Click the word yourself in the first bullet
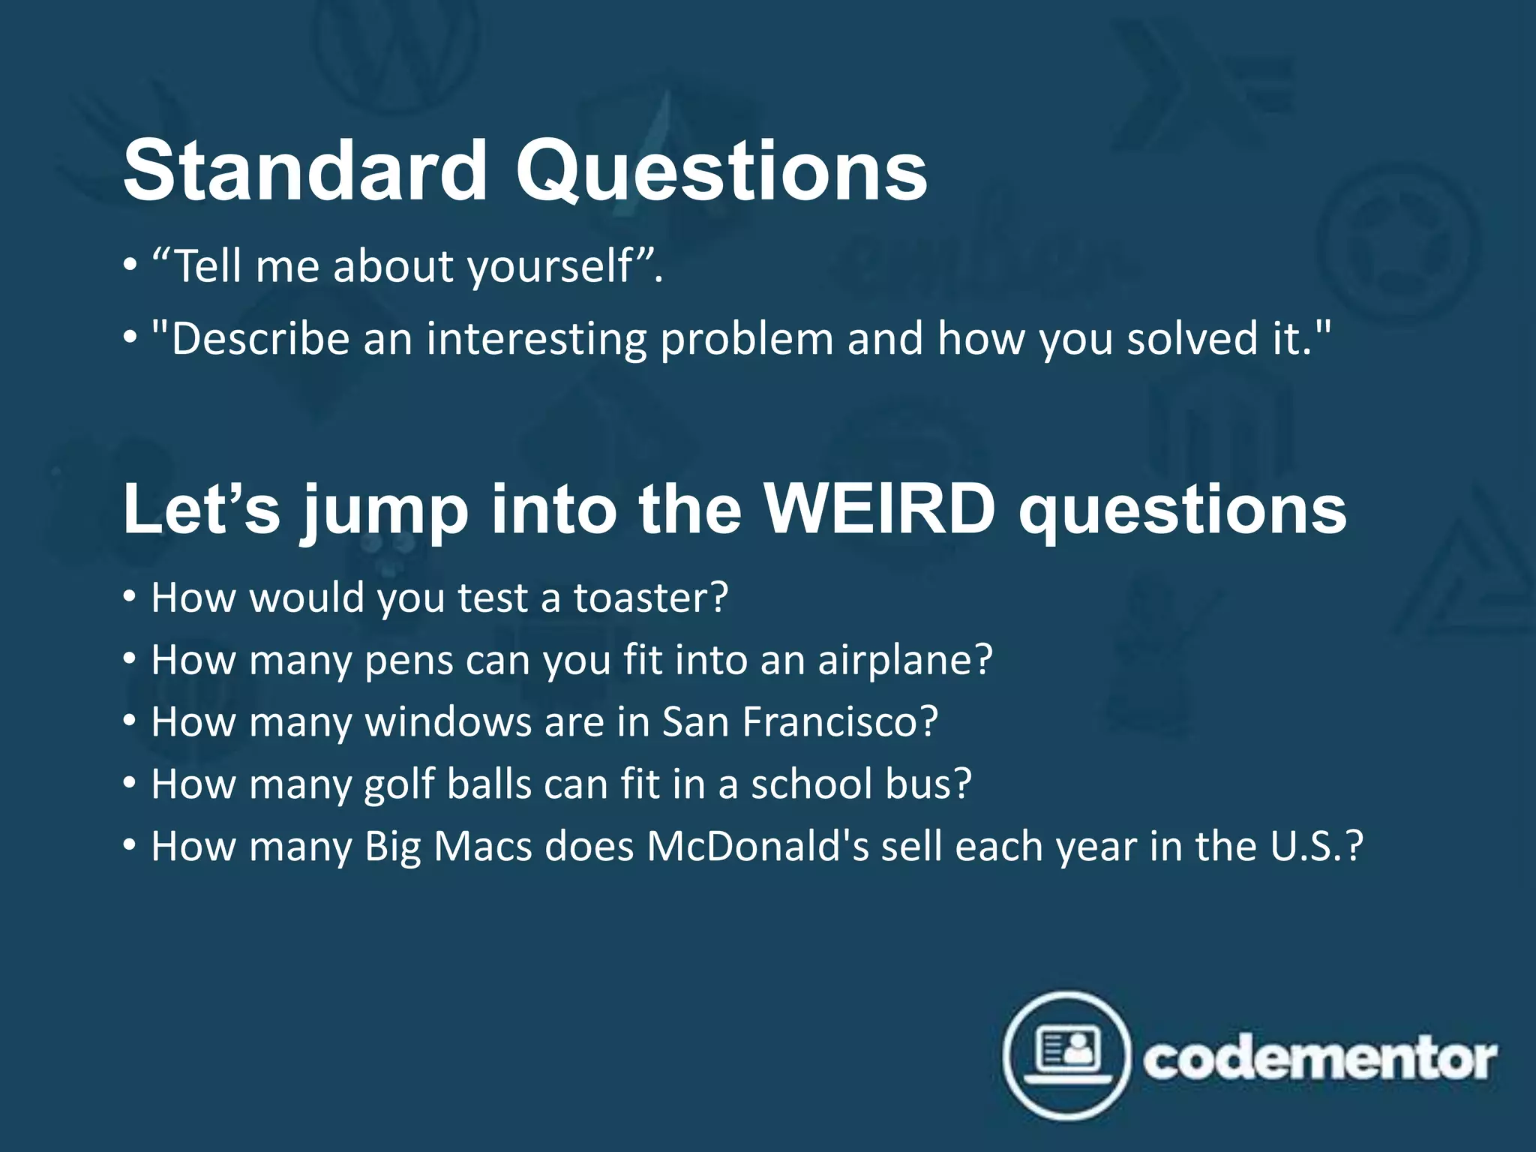point(551,267)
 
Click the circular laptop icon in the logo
point(1066,1056)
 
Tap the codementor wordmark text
point(1319,1059)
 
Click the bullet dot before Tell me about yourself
point(130,266)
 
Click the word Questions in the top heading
point(721,171)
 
